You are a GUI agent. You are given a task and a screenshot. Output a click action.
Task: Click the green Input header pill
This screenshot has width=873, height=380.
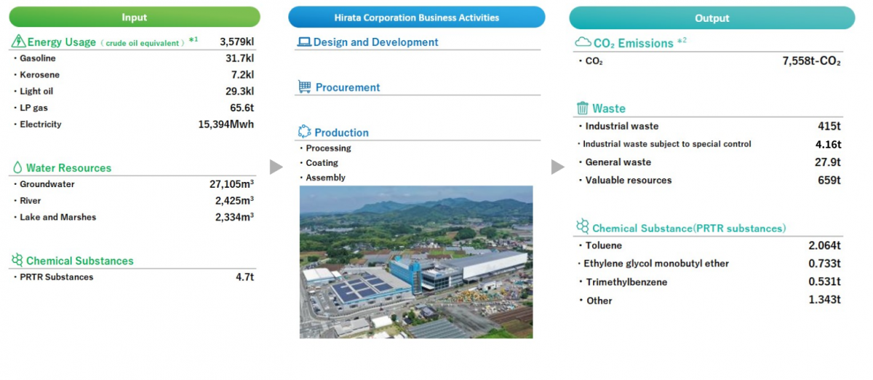[x=135, y=17]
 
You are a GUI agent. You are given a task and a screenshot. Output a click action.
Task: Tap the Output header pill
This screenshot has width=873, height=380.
[x=712, y=18]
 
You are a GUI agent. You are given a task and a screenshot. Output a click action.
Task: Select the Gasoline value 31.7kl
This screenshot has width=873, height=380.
[x=239, y=58]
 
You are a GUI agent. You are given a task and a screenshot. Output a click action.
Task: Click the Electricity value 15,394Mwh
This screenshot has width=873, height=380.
[x=226, y=124]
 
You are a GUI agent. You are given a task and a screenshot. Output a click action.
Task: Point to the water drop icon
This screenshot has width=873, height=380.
[x=17, y=167]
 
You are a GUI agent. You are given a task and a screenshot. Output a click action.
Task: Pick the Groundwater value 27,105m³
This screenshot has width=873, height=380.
[x=231, y=183]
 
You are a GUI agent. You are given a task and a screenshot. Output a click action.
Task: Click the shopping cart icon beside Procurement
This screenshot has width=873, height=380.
[x=304, y=87]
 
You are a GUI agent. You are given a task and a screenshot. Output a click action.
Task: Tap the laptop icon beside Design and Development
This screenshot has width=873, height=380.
[x=304, y=41]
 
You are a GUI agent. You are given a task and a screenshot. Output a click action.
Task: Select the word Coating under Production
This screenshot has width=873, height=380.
[x=322, y=162]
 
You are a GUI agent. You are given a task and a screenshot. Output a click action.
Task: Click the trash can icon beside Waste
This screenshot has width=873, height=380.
[x=582, y=108]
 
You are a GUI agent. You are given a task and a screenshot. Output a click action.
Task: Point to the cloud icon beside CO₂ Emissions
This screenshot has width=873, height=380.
[x=583, y=41]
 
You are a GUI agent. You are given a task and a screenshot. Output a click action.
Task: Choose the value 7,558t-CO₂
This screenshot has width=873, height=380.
[x=811, y=61]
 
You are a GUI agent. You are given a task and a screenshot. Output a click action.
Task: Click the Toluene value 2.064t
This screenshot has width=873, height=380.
[x=824, y=245]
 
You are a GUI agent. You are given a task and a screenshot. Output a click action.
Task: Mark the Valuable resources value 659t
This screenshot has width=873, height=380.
[x=829, y=181]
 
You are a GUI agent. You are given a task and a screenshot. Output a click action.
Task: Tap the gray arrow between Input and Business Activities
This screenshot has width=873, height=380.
[x=276, y=167]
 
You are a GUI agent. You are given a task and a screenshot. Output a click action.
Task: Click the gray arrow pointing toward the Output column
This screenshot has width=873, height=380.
[x=558, y=167]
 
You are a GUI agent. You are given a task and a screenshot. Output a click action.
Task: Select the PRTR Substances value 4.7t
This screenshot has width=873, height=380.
[x=244, y=277]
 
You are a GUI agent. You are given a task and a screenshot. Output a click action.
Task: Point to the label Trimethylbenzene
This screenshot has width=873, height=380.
[x=626, y=282]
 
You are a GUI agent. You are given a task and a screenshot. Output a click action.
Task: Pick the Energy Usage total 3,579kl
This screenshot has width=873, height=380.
[x=236, y=41]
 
